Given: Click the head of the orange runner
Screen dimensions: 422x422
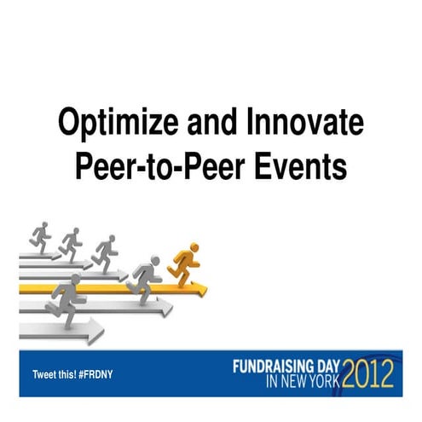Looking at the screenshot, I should pos(194,248).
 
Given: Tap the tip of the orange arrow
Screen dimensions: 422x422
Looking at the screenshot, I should pos(204,288).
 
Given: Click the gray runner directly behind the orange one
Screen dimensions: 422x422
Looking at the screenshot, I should pos(145,275).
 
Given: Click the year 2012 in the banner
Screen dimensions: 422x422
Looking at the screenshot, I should pos(367,373).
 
